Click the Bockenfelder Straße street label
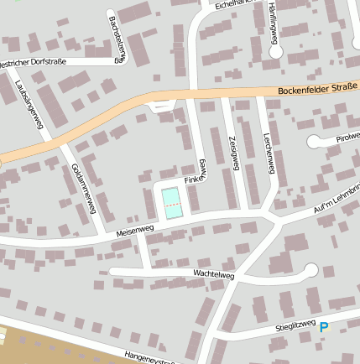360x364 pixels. pyautogui.click(x=317, y=87)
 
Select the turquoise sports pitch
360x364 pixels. pyautogui.click(x=172, y=203)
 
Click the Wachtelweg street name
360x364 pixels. pyautogui.click(x=212, y=273)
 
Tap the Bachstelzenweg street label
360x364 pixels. pyautogui.click(x=117, y=39)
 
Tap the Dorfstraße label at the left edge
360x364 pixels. pyautogui.click(x=34, y=61)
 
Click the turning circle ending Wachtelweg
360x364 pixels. pyautogui.click(x=310, y=270)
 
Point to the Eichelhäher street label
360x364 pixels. pyautogui.click(x=233, y=4)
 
